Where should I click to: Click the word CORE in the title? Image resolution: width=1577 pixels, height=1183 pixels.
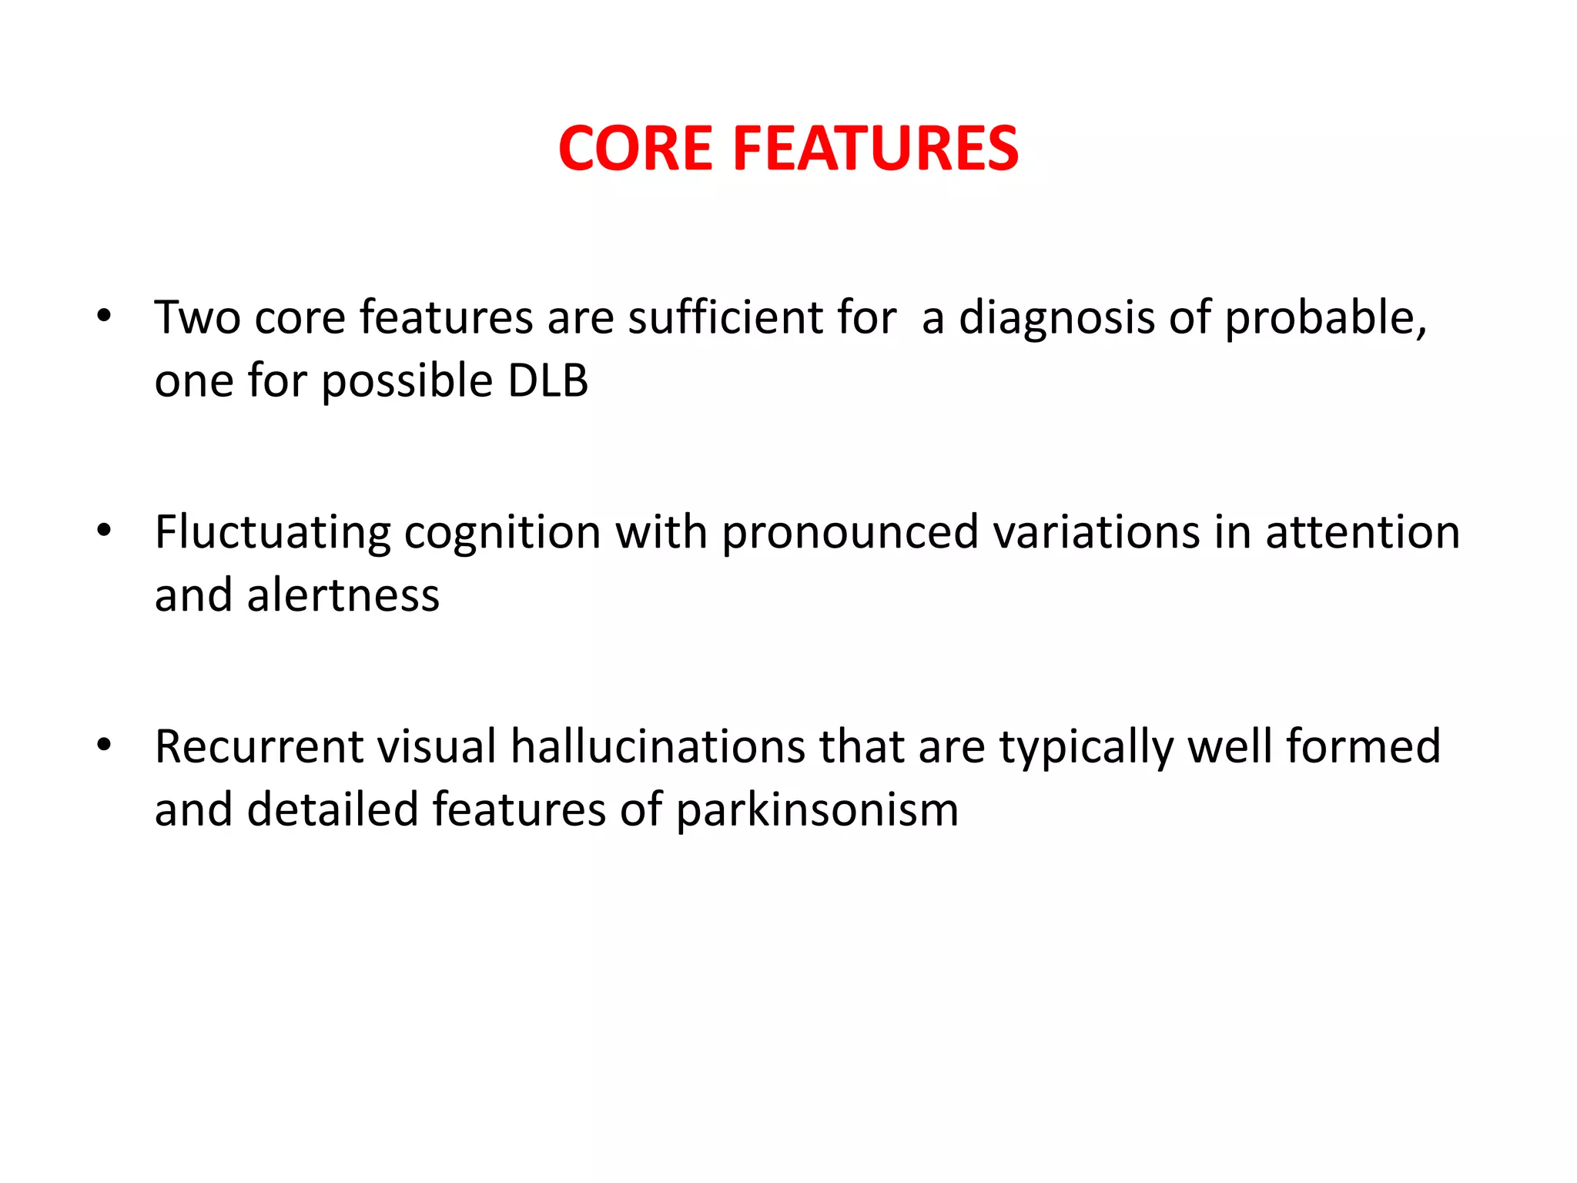(635, 149)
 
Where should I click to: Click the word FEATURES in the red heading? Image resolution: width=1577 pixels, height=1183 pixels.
(876, 149)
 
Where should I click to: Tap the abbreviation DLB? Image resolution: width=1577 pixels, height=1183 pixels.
(547, 380)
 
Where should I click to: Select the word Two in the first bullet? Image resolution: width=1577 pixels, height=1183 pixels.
(197, 317)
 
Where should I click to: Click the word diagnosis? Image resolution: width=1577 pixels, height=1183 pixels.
(1056, 317)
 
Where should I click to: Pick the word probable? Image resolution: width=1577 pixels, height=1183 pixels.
(1324, 317)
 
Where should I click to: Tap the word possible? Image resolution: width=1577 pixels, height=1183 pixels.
(407, 382)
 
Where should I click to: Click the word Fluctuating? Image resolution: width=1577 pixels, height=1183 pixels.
(273, 532)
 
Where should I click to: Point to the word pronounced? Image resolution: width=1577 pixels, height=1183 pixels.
(849, 532)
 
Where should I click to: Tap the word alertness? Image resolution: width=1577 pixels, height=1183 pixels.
(343, 596)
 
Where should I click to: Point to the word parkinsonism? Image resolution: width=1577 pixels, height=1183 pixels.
(817, 811)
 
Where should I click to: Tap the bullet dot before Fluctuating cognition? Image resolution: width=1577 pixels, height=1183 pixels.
(105, 531)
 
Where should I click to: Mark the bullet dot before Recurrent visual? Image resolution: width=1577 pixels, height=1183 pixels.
(105, 745)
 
